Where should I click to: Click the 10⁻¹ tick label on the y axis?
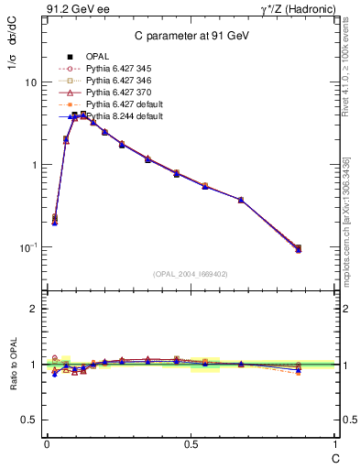point(27,247)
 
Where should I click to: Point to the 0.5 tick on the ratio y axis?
point(30,420)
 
